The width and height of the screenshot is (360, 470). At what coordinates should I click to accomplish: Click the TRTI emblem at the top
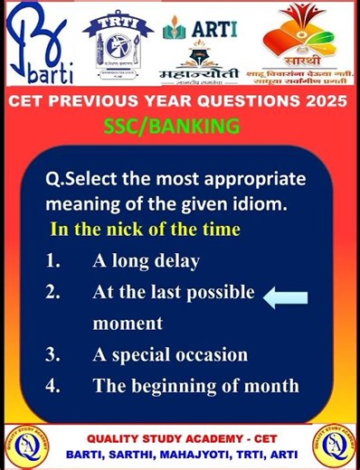coord(118,41)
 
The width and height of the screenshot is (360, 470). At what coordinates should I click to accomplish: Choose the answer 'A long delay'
coord(146,261)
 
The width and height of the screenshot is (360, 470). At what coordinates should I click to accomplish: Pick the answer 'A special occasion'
coord(169,354)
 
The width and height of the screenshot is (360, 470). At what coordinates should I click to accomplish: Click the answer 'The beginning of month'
coord(195,386)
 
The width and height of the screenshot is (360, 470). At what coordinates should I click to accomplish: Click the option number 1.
coord(53,261)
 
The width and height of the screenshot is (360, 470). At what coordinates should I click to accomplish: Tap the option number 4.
coord(53,386)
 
